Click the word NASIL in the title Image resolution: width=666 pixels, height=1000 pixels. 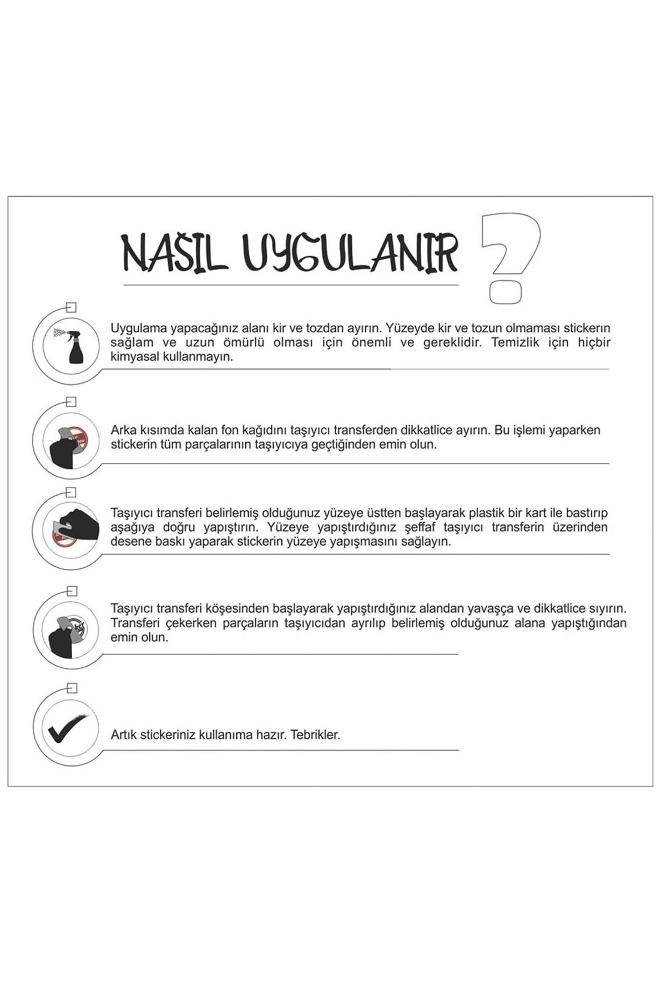pyautogui.click(x=175, y=253)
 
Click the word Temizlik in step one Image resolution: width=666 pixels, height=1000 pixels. pyautogui.click(x=513, y=342)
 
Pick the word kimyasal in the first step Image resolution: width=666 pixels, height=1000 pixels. pyautogui.click(x=134, y=357)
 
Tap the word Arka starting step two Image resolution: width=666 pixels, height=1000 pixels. pyautogui.click(x=123, y=430)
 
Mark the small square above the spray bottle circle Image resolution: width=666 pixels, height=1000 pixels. pyautogui.click(x=71, y=307)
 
